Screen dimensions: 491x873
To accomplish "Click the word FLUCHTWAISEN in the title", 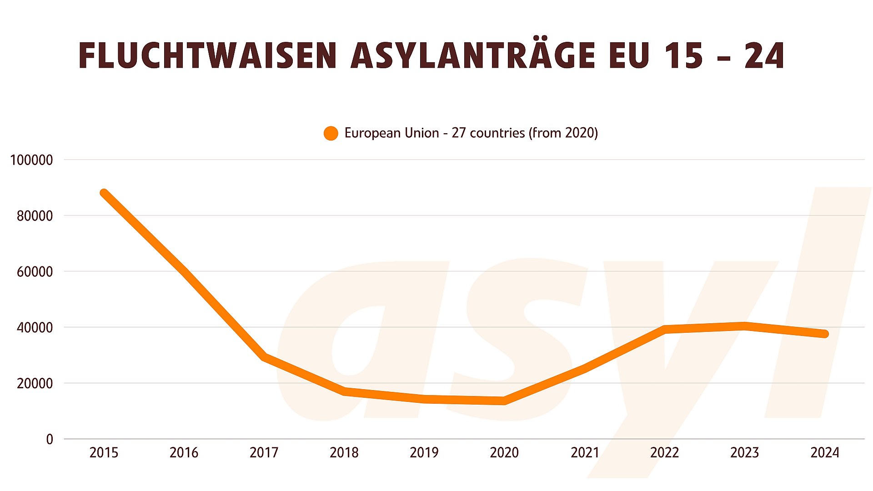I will (207, 56).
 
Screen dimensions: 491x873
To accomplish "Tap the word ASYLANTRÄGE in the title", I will (473, 55).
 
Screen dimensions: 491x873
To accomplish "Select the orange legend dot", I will (331, 133).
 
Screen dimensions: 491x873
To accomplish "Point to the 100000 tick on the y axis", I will (31, 160).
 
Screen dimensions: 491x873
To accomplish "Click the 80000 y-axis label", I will (35, 216).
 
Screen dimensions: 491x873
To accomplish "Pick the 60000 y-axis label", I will (35, 272).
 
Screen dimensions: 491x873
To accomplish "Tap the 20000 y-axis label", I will (35, 384).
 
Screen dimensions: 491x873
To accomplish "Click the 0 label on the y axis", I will (50, 439).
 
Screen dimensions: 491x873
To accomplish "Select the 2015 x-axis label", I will (104, 453).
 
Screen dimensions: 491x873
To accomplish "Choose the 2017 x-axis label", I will (264, 453).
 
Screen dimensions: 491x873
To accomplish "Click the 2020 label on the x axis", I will (504, 453).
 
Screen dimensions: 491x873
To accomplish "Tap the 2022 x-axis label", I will (664, 453).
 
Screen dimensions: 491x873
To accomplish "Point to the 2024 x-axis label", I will (825, 453).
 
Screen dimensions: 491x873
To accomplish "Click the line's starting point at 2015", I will (104, 193).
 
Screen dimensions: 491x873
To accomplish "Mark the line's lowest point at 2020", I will (504, 401).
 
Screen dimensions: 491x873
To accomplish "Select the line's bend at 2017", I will (264, 357).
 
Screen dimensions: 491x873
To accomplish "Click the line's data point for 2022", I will (664, 329).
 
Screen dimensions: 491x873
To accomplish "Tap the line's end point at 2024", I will (825, 334).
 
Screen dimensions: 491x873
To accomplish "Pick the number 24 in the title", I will (764, 56).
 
